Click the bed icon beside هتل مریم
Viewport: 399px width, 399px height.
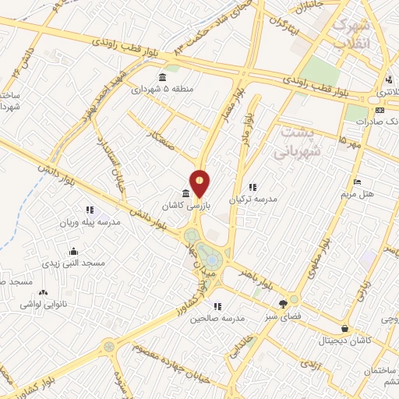point(357,182)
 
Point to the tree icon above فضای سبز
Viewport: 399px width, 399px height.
point(282,304)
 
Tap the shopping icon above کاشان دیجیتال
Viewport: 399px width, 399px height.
point(344,328)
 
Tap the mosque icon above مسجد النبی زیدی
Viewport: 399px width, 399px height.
point(73,251)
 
